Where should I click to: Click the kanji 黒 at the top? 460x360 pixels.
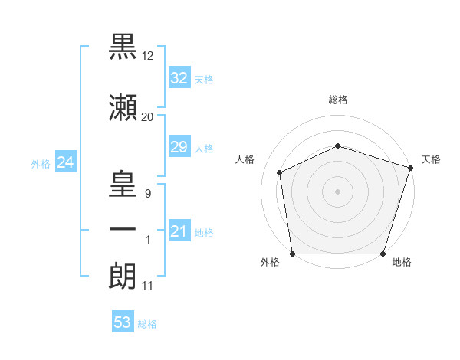click(123, 47)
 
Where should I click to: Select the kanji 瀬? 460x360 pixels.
click(123, 107)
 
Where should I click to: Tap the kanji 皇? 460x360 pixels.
click(123, 184)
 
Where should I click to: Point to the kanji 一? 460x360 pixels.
click(123, 229)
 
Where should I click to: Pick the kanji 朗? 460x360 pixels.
click(123, 276)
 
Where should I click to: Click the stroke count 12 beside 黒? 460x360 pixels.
click(147, 56)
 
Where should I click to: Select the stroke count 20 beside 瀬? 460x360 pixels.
click(147, 117)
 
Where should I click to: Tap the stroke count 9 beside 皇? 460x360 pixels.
click(148, 194)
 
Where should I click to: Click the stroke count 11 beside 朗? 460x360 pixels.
click(147, 286)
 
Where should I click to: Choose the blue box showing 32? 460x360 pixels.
click(179, 77)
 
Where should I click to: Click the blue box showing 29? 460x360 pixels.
click(179, 146)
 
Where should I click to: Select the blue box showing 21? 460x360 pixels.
click(179, 230)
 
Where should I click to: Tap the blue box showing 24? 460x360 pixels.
click(66, 162)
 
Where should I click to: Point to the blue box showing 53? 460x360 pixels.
click(123, 321)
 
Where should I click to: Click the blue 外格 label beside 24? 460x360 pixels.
click(41, 164)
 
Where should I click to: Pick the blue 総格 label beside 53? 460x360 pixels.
click(147, 324)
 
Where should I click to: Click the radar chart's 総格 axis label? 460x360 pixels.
click(338, 100)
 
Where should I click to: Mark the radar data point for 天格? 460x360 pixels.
click(410, 168)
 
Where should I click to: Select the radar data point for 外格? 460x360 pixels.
click(293, 254)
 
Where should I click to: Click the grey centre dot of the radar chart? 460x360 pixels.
click(337, 191)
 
